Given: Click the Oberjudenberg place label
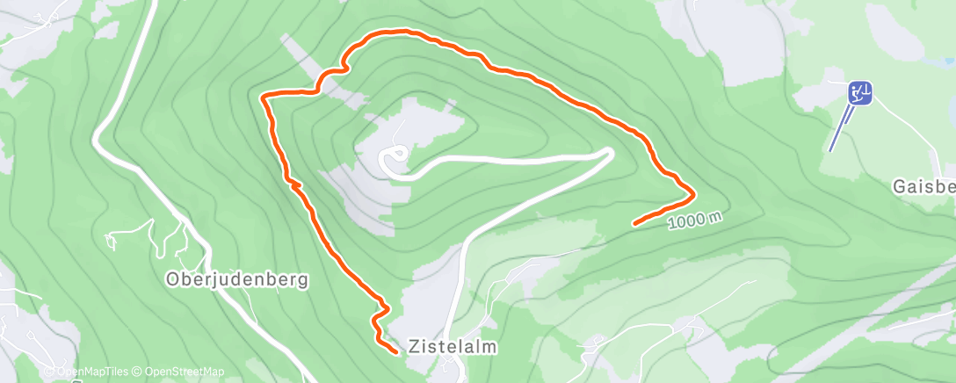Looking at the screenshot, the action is point(237,280).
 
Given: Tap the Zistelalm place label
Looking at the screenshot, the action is point(453,346).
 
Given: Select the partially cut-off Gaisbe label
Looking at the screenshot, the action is point(923,187).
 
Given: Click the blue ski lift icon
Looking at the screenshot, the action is point(860,92).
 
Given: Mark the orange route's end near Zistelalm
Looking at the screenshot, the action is point(395,351).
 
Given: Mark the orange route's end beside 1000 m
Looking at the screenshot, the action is point(634,224).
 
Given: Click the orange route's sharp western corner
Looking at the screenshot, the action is point(264,96).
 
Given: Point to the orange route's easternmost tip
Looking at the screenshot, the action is point(694,191).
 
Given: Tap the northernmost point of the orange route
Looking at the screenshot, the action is point(404,32).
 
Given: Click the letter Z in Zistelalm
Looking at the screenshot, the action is point(415,346).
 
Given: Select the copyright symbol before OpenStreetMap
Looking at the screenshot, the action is point(140,372).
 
